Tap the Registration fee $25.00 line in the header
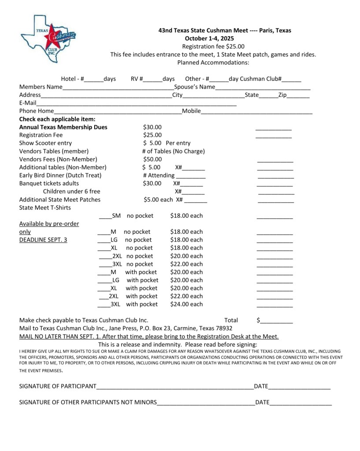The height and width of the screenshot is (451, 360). [213, 47]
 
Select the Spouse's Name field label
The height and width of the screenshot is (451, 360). [194, 87]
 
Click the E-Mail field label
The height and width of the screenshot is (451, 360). [27, 103]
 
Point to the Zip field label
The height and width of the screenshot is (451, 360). [283, 95]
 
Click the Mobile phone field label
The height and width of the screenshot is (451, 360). [191, 111]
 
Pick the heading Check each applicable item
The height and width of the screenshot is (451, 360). [57, 119]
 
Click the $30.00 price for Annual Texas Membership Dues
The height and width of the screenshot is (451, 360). [152, 127]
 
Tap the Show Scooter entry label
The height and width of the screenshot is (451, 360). [45, 143]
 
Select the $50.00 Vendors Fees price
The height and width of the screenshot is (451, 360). [152, 159]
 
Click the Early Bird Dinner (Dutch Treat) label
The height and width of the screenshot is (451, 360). [60, 175]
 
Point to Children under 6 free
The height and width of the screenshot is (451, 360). [71, 191]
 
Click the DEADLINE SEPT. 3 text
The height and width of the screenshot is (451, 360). [43, 240]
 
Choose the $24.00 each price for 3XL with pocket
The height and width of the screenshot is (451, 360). [186, 304]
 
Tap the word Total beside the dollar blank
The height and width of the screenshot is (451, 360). [231, 321]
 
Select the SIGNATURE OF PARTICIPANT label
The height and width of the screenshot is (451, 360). [57, 386]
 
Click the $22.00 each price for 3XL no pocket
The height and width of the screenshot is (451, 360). [186, 264]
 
